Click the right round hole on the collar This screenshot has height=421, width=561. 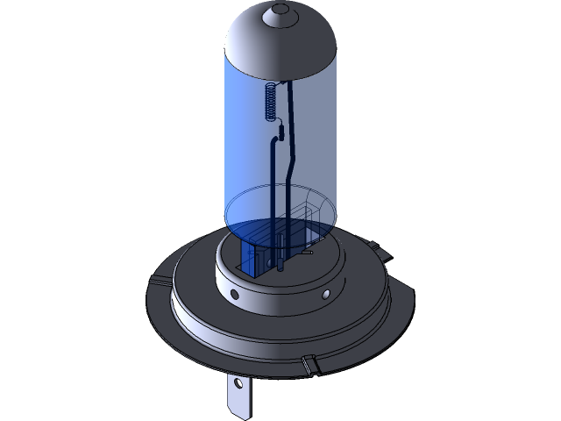(327, 291)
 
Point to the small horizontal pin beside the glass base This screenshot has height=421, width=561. (308, 253)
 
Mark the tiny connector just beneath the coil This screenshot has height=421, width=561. (280, 132)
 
